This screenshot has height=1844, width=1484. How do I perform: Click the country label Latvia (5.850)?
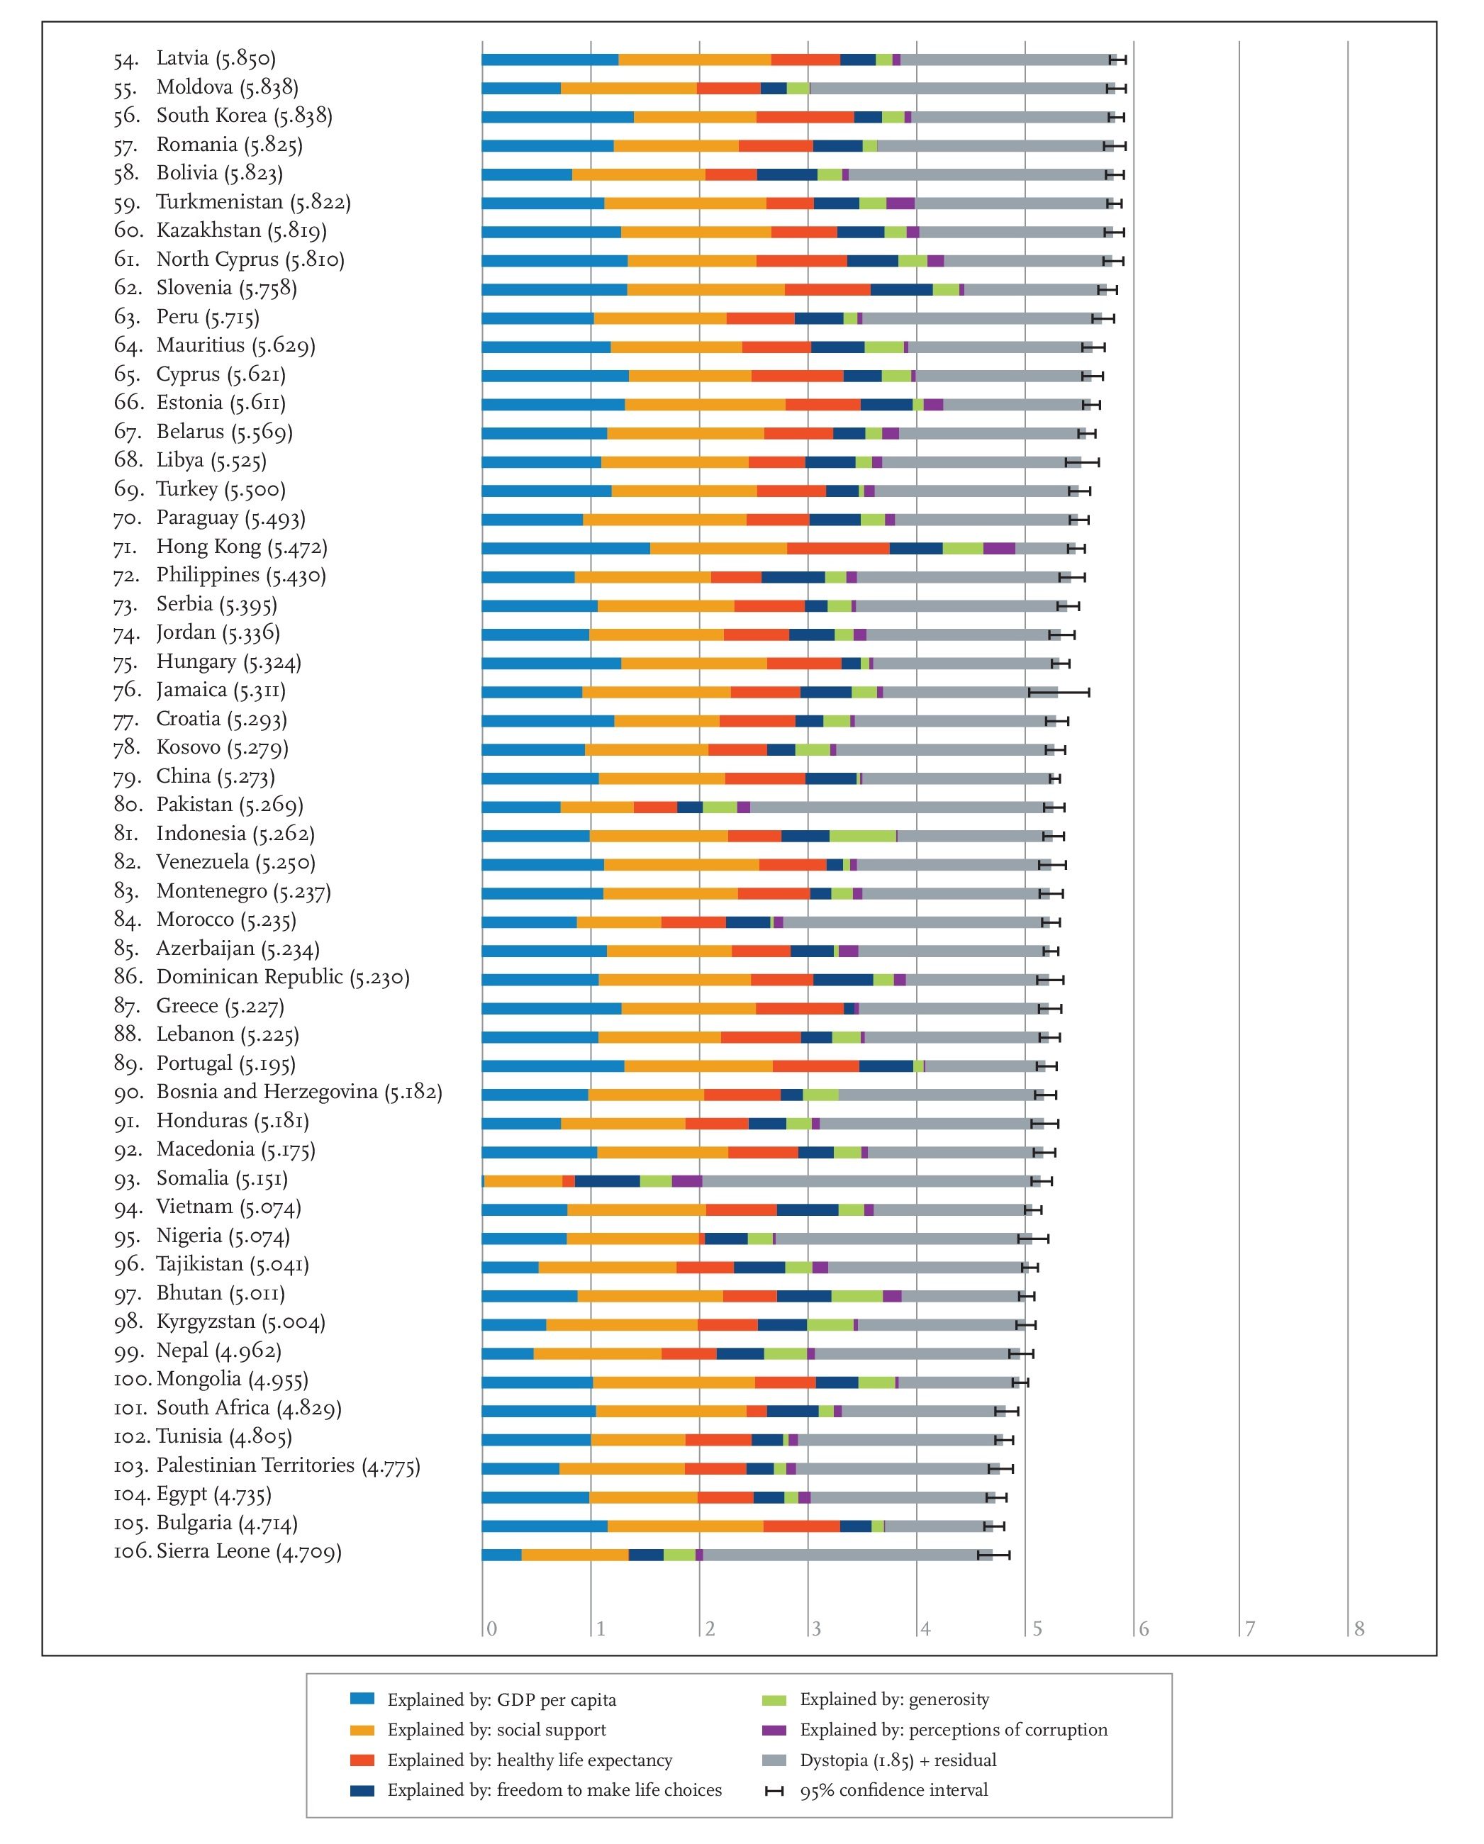216,58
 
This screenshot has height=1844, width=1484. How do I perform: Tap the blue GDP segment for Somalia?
484,1181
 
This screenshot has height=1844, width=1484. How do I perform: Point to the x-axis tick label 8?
1359,1628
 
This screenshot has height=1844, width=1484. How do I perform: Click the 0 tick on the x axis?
492,1628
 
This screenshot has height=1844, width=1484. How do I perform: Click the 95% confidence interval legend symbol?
774,1790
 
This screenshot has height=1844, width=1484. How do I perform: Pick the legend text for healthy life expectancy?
530,1760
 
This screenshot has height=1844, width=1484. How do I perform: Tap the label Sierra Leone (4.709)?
249,1551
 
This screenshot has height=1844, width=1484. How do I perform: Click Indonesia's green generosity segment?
862,836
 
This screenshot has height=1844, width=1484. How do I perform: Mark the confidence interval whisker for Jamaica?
1059,692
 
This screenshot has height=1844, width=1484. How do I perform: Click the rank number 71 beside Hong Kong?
125,547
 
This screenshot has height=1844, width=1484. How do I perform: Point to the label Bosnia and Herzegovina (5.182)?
299,1093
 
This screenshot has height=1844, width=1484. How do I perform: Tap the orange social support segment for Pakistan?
597,808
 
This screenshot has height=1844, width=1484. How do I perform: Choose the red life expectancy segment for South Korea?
805,117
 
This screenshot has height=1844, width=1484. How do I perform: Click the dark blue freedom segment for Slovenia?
901,290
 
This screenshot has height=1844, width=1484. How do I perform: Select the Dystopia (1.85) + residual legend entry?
898,1760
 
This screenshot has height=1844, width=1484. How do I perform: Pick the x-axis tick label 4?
925,1628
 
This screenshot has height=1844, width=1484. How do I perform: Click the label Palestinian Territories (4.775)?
289,1466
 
